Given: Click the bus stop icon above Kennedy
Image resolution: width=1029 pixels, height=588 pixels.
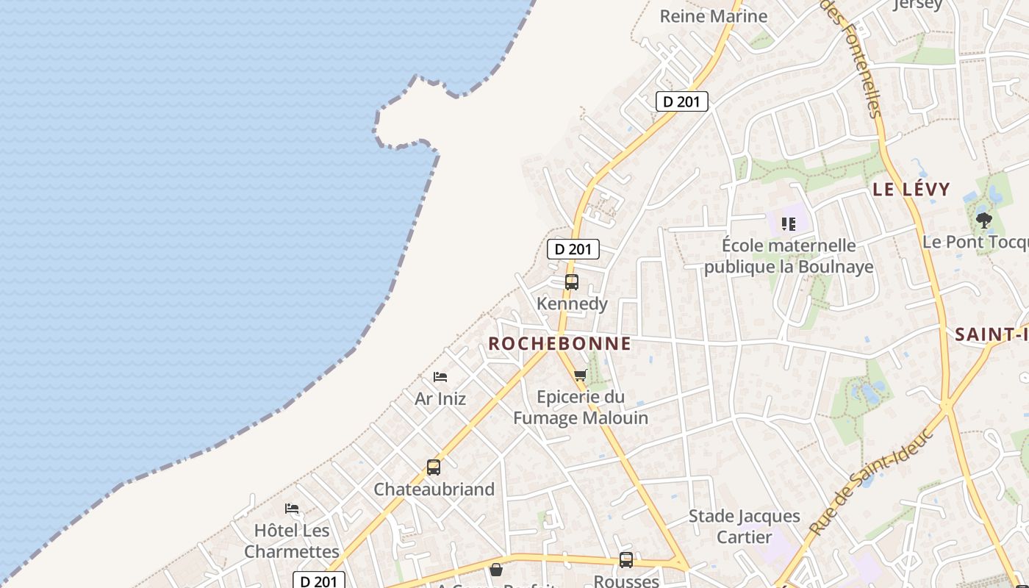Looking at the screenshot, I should click(571, 282).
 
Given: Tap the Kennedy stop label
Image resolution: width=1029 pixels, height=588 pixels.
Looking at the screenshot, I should click(572, 304).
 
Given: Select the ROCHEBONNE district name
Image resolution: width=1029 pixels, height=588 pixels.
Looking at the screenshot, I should click(559, 343).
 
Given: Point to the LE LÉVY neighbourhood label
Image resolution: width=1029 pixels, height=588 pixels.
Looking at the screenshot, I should click(911, 189).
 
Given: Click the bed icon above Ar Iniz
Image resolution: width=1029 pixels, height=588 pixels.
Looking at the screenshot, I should click(440, 377).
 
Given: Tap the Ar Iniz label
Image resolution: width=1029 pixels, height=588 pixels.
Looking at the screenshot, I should click(440, 399).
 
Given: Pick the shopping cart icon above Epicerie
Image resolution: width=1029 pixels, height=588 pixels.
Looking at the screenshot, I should click(580, 376).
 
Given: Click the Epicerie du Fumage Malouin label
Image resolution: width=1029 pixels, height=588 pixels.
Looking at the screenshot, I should click(581, 407).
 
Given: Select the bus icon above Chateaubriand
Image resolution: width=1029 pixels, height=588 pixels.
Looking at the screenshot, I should click(434, 467).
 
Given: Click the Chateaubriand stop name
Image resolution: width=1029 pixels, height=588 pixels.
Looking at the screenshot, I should click(434, 490).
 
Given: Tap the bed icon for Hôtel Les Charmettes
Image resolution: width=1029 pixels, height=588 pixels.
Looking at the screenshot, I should click(292, 509).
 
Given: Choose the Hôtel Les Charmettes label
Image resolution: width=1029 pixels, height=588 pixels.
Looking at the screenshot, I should click(292, 540).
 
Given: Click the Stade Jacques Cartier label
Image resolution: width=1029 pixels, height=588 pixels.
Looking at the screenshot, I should click(744, 526).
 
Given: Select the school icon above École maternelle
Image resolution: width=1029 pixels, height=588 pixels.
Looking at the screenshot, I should click(789, 223).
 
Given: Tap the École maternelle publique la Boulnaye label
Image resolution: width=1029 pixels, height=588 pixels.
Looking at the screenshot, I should click(789, 256).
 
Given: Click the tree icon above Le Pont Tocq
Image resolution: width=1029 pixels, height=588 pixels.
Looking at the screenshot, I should click(983, 220).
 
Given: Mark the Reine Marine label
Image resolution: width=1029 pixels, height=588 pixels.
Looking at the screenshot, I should click(713, 16).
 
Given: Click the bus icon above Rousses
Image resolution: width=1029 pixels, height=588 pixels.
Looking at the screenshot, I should click(625, 560).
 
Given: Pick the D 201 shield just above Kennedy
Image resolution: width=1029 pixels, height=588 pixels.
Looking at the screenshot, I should click(573, 249).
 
